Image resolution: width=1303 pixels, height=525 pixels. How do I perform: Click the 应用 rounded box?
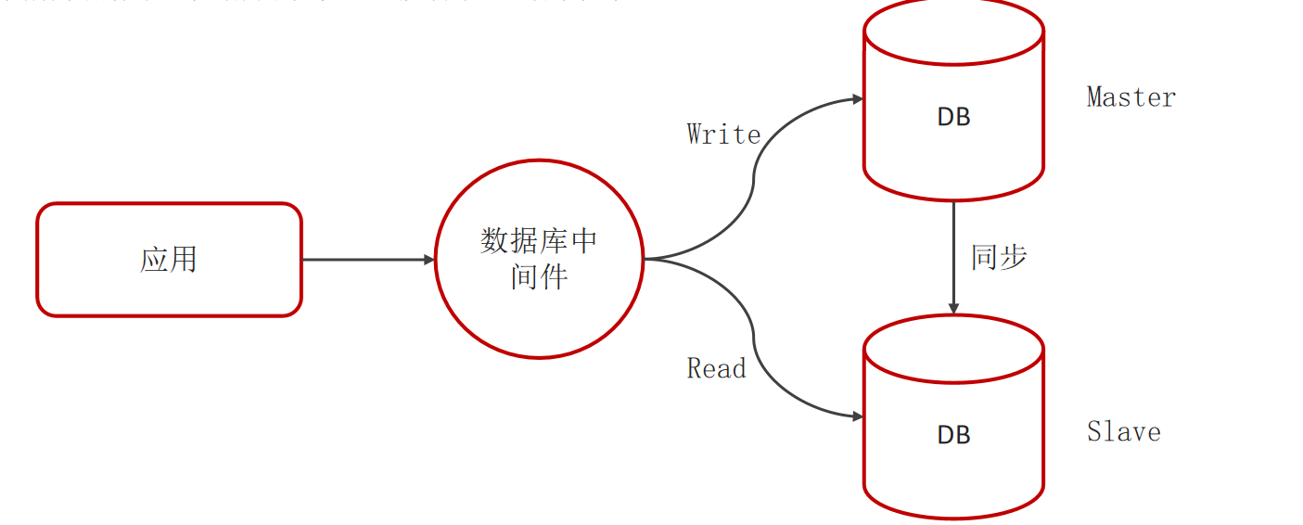point(169,260)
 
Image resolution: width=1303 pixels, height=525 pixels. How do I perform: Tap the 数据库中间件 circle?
point(539,259)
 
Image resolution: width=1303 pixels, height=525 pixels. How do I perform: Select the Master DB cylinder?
point(953,102)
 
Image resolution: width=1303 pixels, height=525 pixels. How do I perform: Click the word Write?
point(723,134)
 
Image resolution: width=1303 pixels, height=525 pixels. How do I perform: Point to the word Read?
point(716,369)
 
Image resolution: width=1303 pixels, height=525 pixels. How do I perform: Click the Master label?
point(1131,97)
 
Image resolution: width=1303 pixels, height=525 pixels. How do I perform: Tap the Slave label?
point(1123,432)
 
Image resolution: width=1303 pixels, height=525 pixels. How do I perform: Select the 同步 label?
point(999,257)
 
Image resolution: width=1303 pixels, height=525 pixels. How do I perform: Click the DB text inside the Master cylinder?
point(953,117)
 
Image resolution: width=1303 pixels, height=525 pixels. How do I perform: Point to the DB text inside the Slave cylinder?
point(953,435)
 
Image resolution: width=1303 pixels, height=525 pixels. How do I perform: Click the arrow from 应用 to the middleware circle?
point(368,260)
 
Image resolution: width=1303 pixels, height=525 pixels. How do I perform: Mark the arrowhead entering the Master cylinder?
point(857,98)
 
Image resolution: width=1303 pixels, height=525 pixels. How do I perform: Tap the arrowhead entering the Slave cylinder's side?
point(857,416)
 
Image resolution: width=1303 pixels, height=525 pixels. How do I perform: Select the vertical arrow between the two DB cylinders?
point(953,255)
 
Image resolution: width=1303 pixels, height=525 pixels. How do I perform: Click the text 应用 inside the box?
point(169,260)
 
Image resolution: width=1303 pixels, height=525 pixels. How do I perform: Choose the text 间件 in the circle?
point(539,276)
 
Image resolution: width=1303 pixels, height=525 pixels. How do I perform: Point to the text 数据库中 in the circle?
point(539,241)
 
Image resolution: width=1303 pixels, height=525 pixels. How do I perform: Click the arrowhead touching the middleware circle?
point(429,260)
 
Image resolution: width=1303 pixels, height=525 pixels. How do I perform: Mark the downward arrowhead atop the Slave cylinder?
point(953,308)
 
